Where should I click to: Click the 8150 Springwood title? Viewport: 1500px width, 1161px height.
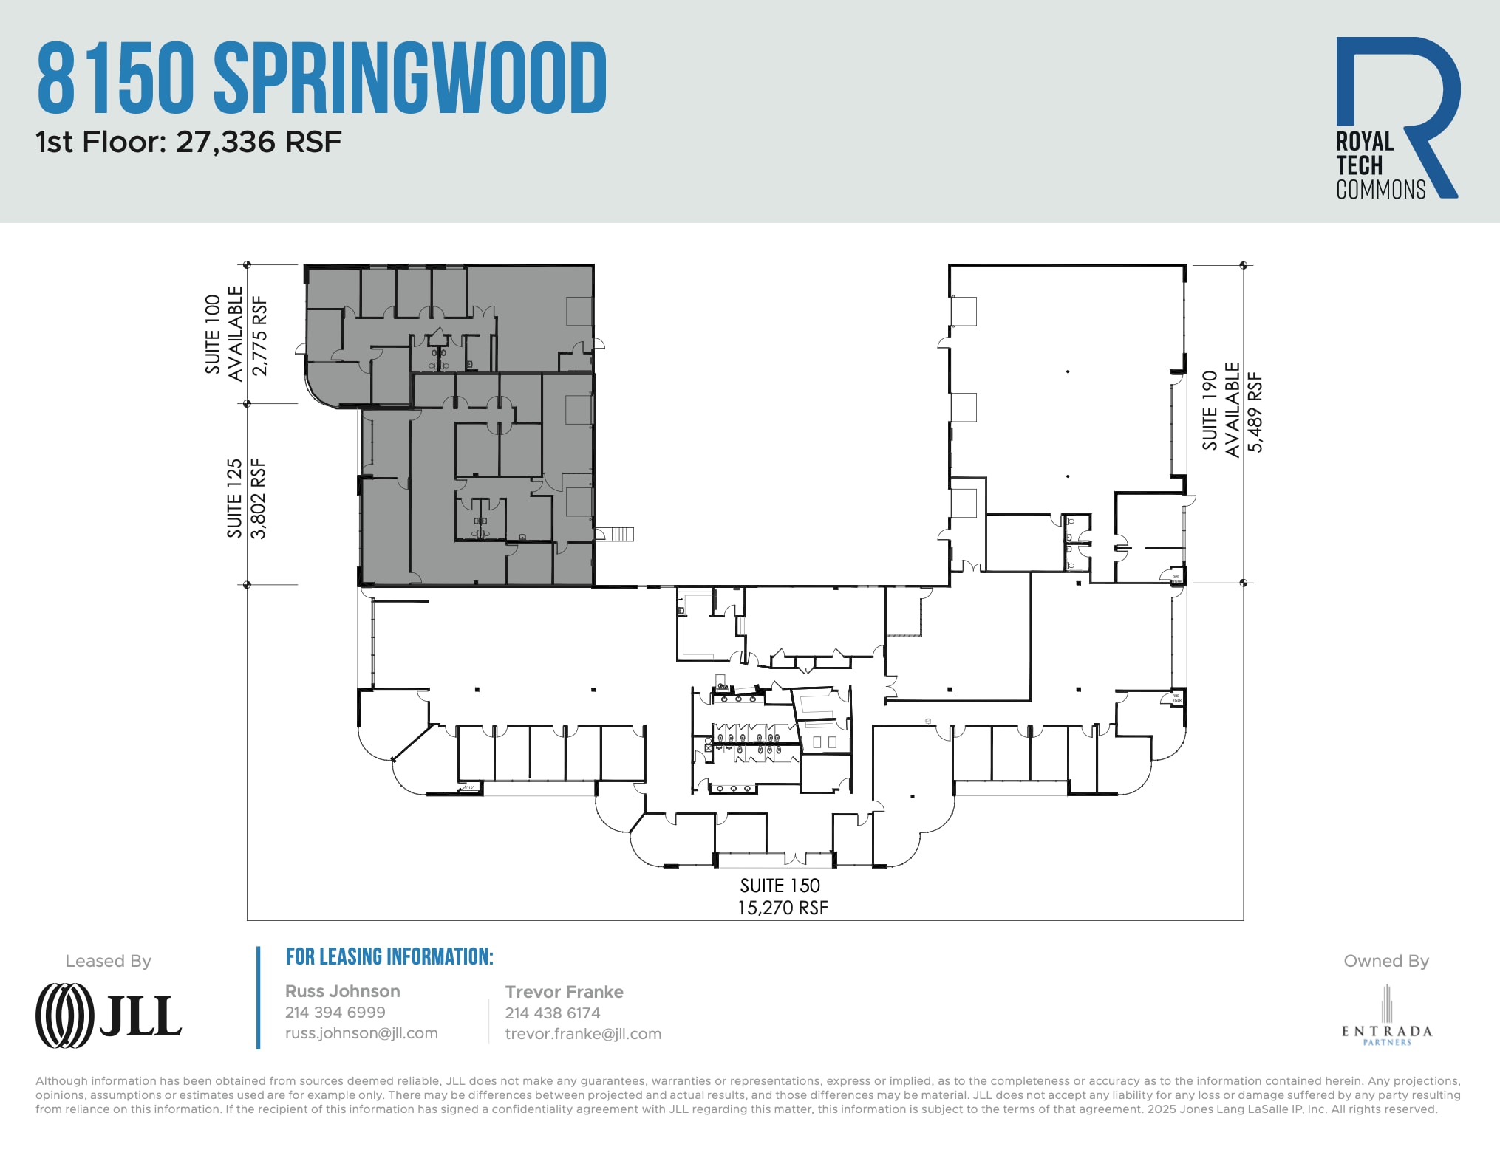click(x=321, y=78)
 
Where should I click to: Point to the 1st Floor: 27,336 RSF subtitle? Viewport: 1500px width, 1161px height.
click(x=188, y=142)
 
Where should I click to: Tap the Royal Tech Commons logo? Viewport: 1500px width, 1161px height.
click(x=1397, y=118)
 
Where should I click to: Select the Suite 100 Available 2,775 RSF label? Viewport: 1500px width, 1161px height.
click(x=236, y=335)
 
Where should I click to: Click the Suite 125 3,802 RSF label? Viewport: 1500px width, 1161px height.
click(x=246, y=499)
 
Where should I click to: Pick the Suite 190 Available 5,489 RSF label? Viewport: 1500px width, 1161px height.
click(x=1232, y=410)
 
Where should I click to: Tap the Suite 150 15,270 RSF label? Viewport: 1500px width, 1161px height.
click(x=782, y=896)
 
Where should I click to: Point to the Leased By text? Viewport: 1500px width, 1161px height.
click(x=108, y=961)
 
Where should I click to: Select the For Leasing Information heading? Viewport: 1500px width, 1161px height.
click(x=389, y=956)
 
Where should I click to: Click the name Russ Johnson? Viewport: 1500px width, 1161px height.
click(x=342, y=991)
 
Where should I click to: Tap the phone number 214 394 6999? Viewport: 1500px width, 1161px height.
click(x=335, y=1012)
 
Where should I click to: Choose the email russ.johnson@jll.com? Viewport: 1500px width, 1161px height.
click(x=361, y=1033)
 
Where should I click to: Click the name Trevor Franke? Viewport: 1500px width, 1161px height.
click(x=564, y=992)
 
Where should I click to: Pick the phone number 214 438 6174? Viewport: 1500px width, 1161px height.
click(x=552, y=1013)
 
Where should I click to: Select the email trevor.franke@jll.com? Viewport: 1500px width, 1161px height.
click(x=583, y=1034)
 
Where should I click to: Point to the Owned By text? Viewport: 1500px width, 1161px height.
click(x=1385, y=961)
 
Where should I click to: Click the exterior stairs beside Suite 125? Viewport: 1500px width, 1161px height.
click(x=616, y=533)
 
